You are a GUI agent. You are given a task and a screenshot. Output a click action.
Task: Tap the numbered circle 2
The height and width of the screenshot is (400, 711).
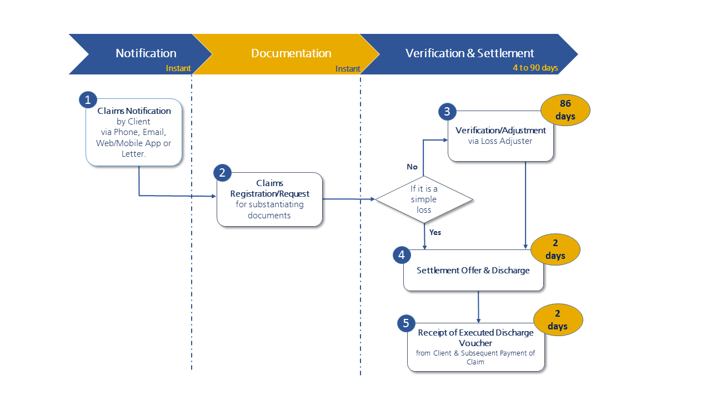click(222, 173)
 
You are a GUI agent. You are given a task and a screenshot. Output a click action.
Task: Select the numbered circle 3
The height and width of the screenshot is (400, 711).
click(447, 112)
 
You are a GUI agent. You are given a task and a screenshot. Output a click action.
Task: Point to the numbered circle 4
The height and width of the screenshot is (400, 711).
click(402, 256)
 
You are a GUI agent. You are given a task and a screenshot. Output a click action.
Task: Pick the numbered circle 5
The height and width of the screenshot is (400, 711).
click(406, 323)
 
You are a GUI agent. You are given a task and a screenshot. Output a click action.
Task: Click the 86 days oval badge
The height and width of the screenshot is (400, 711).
click(565, 110)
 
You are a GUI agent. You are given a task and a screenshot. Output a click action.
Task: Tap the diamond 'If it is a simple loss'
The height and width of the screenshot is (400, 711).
click(424, 199)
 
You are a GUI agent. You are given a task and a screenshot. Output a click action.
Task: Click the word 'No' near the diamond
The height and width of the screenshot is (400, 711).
click(412, 167)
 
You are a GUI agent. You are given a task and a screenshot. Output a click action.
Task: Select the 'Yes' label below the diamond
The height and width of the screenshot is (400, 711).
click(435, 232)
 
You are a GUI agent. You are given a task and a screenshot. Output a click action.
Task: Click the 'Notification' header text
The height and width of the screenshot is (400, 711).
click(146, 53)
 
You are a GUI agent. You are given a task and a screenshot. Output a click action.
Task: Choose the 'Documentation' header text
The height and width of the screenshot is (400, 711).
click(291, 53)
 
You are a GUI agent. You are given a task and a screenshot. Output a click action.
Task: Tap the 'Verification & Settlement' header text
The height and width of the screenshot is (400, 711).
click(469, 53)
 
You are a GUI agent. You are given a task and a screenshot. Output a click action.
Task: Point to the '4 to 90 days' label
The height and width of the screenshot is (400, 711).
click(535, 68)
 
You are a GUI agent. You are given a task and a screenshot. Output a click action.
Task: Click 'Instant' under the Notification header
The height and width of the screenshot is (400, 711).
click(178, 68)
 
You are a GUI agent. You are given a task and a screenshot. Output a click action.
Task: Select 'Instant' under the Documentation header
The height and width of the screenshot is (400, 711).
click(348, 69)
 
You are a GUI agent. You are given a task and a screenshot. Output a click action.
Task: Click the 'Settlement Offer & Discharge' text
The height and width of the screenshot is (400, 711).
click(473, 271)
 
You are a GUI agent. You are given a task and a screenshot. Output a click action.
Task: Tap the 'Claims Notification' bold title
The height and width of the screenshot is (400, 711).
click(134, 111)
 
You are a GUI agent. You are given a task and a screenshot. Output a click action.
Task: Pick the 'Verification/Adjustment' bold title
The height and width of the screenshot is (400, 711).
click(500, 131)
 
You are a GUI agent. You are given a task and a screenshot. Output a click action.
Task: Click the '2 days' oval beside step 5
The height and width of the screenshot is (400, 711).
click(558, 320)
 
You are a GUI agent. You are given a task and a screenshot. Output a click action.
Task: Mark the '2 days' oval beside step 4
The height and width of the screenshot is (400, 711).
click(555, 249)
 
